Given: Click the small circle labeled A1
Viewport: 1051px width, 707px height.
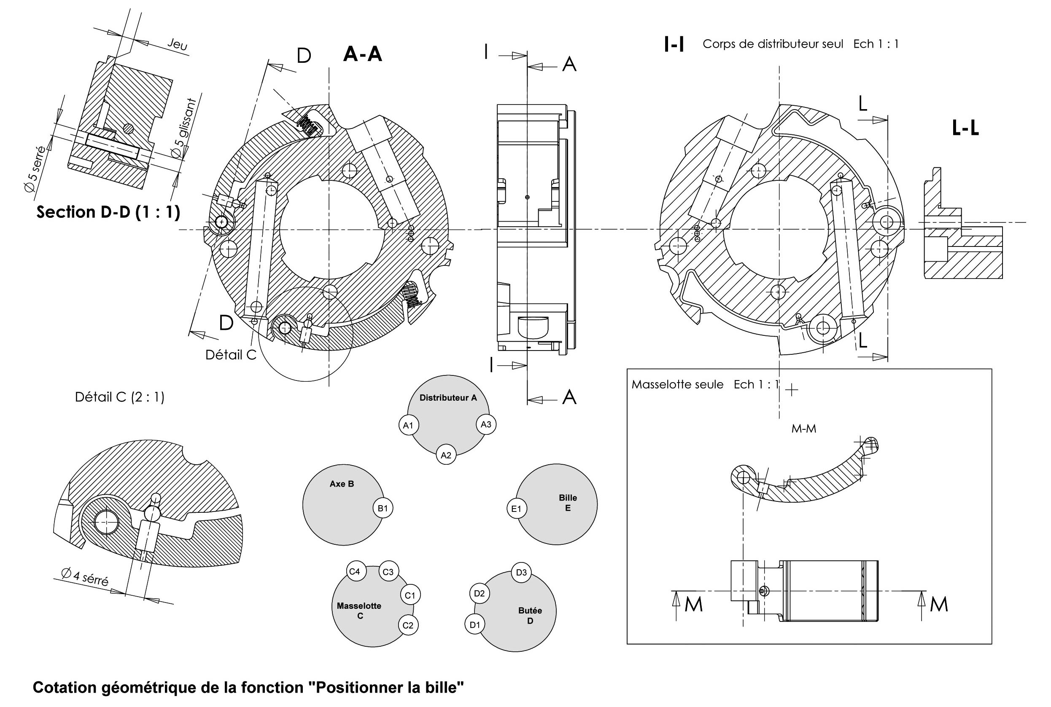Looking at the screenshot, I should point(408,425).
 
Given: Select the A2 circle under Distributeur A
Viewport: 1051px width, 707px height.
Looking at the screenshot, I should point(446,455).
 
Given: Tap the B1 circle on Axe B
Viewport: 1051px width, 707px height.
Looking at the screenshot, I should point(383,508).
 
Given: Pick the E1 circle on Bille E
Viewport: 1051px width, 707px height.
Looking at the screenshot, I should point(516,509).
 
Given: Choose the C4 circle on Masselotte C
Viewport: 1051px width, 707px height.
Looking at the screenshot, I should point(355,571).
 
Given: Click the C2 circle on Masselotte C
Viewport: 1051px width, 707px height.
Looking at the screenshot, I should point(408,625).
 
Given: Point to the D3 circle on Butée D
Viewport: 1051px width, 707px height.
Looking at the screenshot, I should point(521,572).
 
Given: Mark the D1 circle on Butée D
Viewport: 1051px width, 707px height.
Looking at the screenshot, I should point(475,624).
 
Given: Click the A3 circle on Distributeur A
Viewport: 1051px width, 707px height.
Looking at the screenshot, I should point(486,424).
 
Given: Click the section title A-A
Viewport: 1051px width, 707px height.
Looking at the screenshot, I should point(362,54).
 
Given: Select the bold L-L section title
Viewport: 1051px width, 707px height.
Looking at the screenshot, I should point(965,129).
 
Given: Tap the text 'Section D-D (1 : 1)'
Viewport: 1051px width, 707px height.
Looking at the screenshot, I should point(108,212).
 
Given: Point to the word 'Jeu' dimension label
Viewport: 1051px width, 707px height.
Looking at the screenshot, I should point(178,44).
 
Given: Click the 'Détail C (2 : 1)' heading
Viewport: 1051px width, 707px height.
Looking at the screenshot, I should point(120,397).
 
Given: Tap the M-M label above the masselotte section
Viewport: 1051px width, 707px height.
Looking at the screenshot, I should point(804,428).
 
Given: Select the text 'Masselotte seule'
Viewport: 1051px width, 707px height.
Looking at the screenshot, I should point(677,385).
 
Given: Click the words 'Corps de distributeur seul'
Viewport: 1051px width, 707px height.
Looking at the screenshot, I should point(773,44).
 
